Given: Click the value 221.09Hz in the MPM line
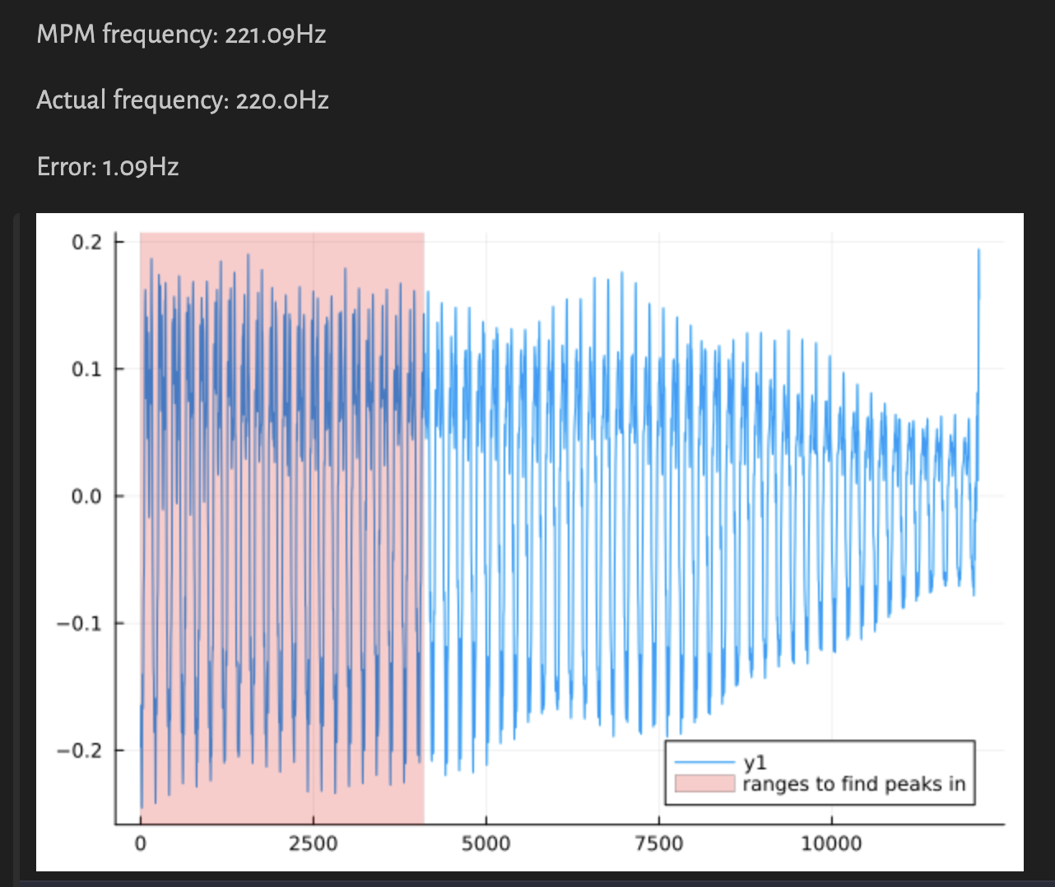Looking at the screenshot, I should coord(275,35).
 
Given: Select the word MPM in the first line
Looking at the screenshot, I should coord(67,35).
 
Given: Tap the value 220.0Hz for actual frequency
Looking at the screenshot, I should coord(281,100).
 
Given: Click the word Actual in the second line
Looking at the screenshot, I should coord(72,100).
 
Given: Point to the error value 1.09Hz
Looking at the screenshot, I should coord(140,167).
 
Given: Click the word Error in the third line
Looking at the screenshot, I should coord(66,167).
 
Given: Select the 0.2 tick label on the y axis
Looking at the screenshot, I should coord(86,242).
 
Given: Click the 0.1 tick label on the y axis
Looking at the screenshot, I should coord(86,369).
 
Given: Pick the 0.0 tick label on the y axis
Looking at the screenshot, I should coord(86,496).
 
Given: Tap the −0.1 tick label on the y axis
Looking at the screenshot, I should coord(79,624).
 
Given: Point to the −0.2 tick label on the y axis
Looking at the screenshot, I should coord(79,750).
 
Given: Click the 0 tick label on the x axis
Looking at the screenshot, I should coord(141,843).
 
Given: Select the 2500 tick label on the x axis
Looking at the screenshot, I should coord(313,843).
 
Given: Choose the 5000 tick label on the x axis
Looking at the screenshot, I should coord(486,843).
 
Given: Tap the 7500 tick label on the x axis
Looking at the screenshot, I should coord(658,843).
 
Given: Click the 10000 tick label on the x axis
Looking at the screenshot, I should coord(831,843).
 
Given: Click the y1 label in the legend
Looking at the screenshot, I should coord(755,764).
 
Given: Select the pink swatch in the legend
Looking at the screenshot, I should coord(704,783).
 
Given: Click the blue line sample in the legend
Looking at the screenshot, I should coord(704,763).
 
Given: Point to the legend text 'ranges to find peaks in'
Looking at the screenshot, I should coord(853,784).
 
